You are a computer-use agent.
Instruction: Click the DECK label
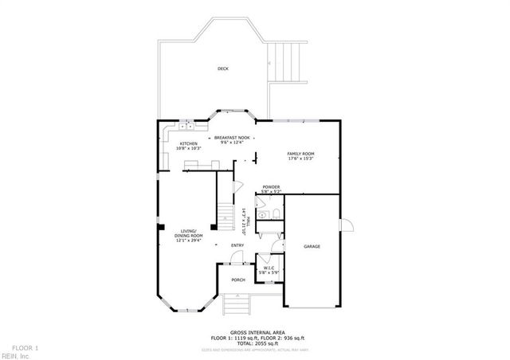(x=223, y=69)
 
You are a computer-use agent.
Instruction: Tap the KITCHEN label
(x=188, y=143)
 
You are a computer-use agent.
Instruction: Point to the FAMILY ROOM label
(x=301, y=153)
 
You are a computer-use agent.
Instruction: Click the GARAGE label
(x=312, y=247)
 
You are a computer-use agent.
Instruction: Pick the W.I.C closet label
(x=269, y=268)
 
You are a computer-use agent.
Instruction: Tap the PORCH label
(x=238, y=280)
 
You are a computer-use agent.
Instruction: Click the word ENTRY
(x=237, y=245)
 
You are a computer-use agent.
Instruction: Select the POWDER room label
(x=272, y=187)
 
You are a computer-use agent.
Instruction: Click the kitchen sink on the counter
(x=188, y=125)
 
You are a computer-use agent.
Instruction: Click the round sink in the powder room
(x=264, y=215)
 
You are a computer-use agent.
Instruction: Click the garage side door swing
(x=347, y=225)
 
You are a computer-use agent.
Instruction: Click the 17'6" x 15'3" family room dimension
(x=301, y=158)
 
